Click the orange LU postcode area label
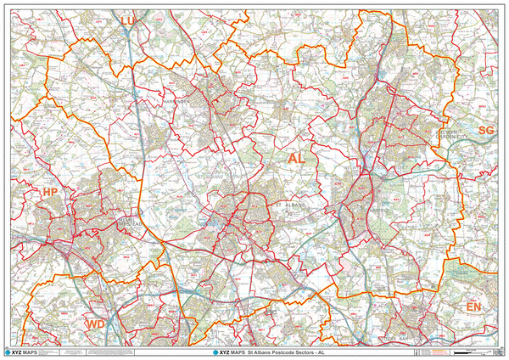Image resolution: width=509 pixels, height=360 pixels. [128, 20]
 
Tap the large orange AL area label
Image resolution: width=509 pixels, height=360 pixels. [296, 159]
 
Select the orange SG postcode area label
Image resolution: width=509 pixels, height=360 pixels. [485, 130]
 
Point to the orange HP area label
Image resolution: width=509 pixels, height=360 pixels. [51, 194]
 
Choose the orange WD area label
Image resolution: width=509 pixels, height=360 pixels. [96, 324]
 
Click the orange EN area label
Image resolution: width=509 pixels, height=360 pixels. [473, 306]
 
